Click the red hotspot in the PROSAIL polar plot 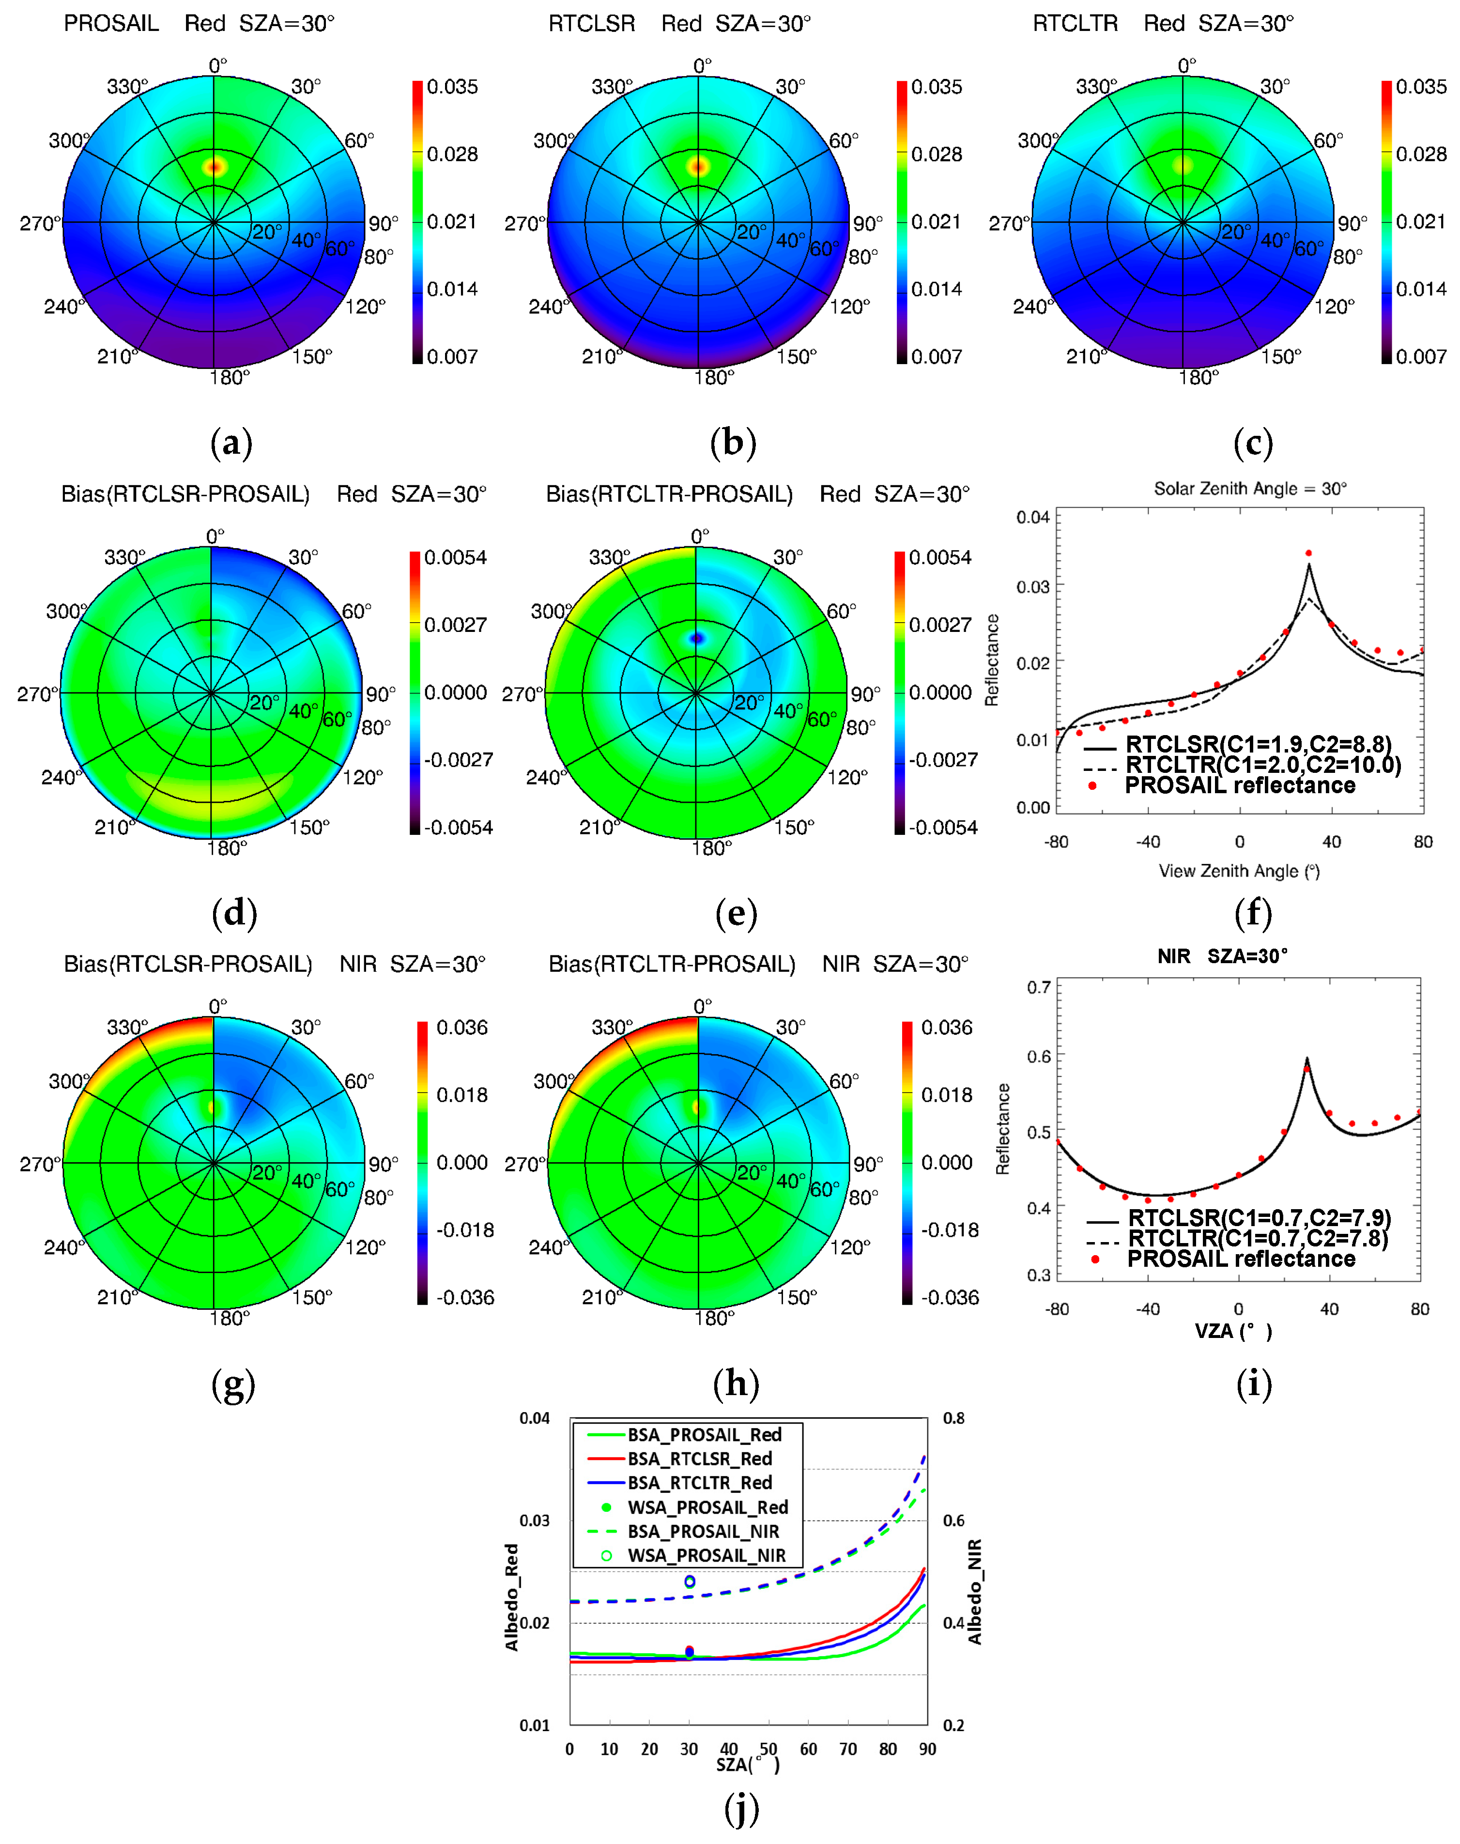point(214,166)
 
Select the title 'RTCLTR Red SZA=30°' point(1163,23)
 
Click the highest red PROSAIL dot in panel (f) point(1308,553)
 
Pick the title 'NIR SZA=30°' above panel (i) point(1222,956)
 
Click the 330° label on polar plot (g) point(126,1026)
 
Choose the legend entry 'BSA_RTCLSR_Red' point(699,1459)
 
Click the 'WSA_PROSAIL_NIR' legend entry point(706,1555)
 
